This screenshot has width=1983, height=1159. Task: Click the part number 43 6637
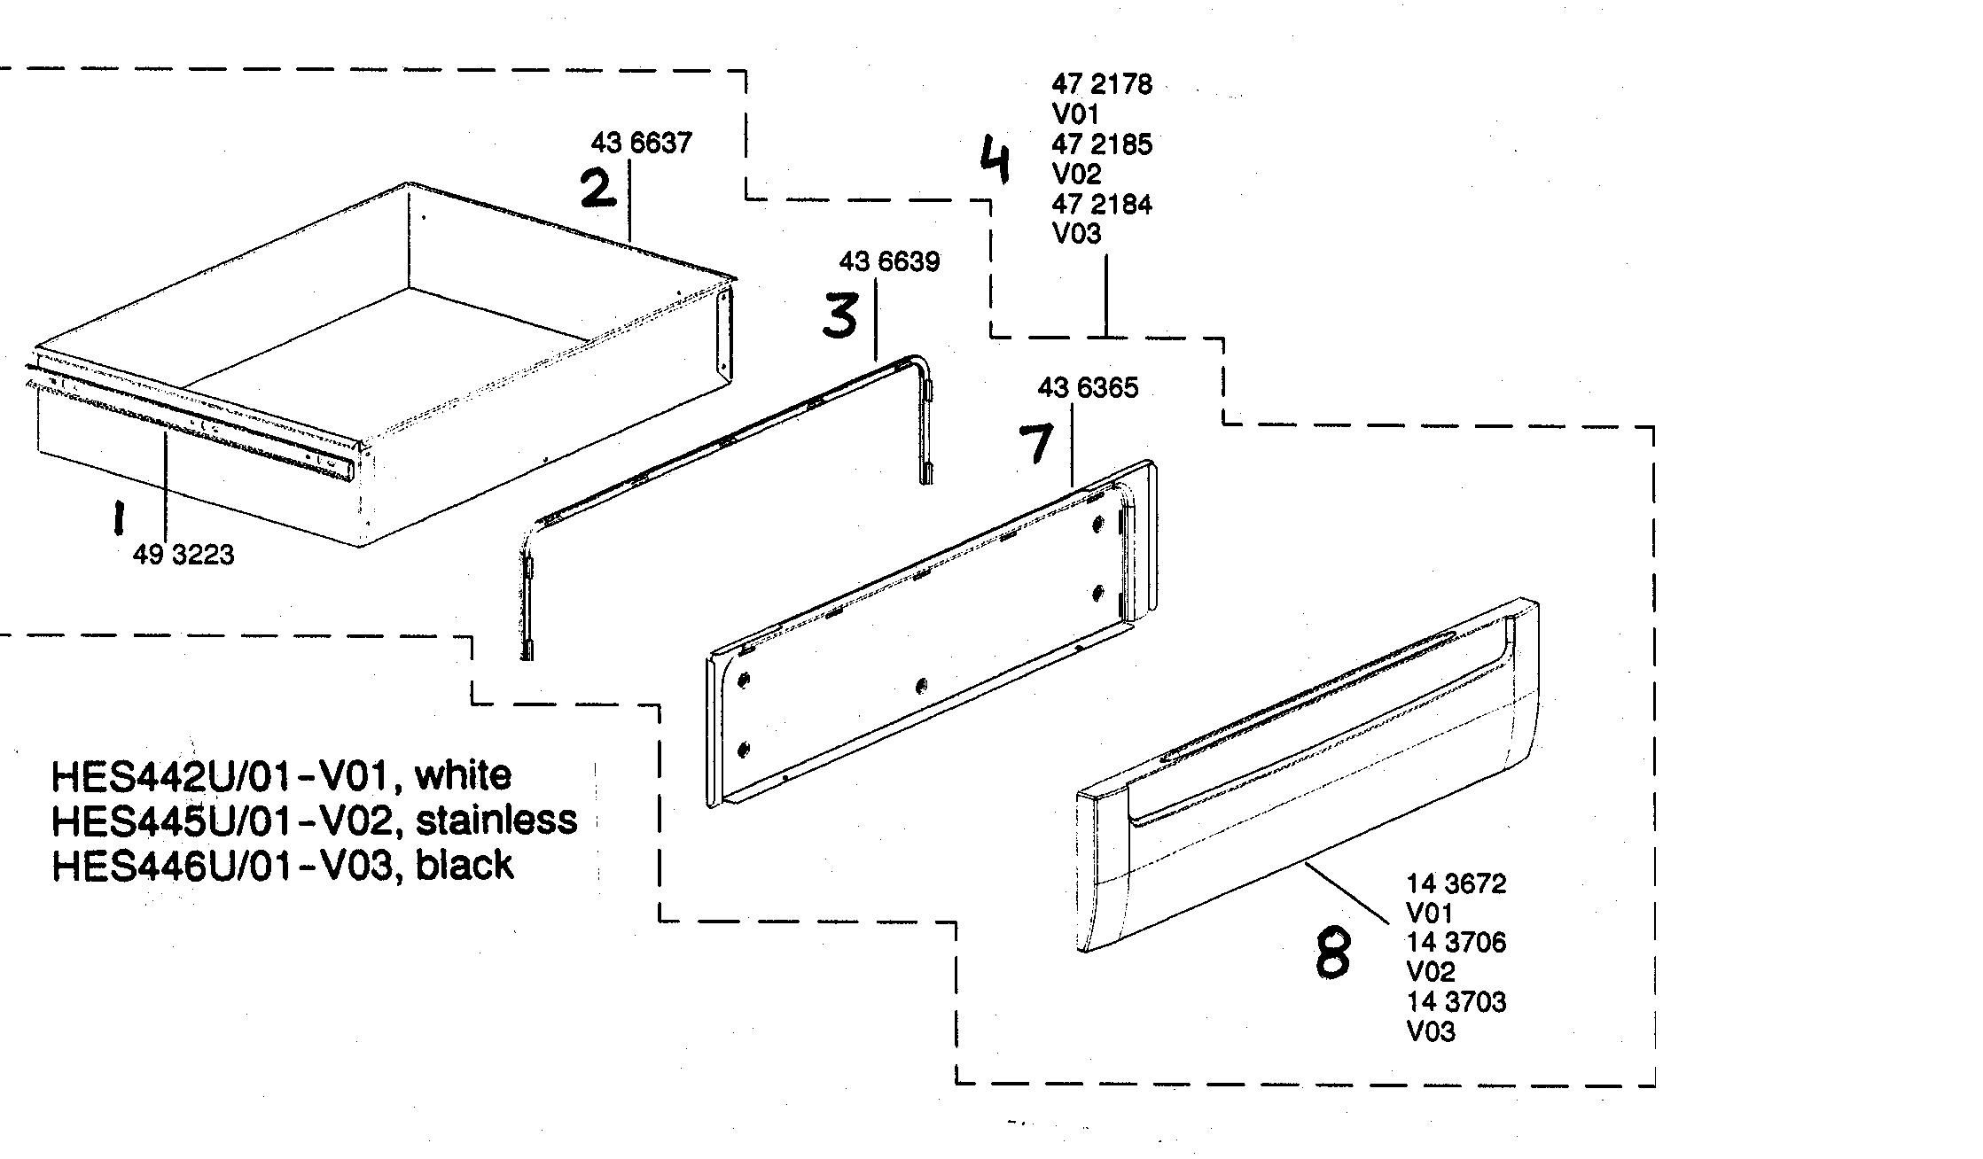[641, 143]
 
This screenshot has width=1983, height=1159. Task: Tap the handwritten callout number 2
[598, 189]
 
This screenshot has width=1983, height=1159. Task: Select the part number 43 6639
[889, 261]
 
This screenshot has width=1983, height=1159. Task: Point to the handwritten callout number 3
[839, 316]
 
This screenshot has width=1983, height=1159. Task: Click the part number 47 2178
[1102, 84]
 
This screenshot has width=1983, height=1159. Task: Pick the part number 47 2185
[1102, 144]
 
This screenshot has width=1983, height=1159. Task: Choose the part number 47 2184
[1102, 205]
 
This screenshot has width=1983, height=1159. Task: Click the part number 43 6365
[1088, 387]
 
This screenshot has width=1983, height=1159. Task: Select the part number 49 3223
[183, 555]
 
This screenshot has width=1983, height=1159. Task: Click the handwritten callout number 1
[116, 518]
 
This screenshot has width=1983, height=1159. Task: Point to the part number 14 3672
[1456, 883]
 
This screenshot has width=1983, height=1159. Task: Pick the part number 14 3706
[1456, 942]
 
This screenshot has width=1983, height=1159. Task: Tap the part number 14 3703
[1456, 1002]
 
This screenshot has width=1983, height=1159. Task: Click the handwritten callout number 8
[1333, 953]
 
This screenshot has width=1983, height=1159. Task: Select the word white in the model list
[464, 776]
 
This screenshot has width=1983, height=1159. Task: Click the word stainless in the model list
[496, 821]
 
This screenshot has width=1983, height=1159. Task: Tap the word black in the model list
[465, 865]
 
